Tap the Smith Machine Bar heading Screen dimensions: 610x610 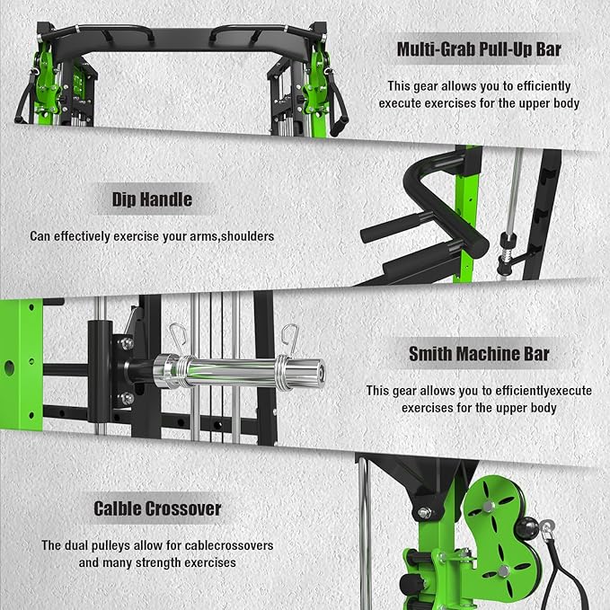[478, 354]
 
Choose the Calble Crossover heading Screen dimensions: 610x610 [157, 508]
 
